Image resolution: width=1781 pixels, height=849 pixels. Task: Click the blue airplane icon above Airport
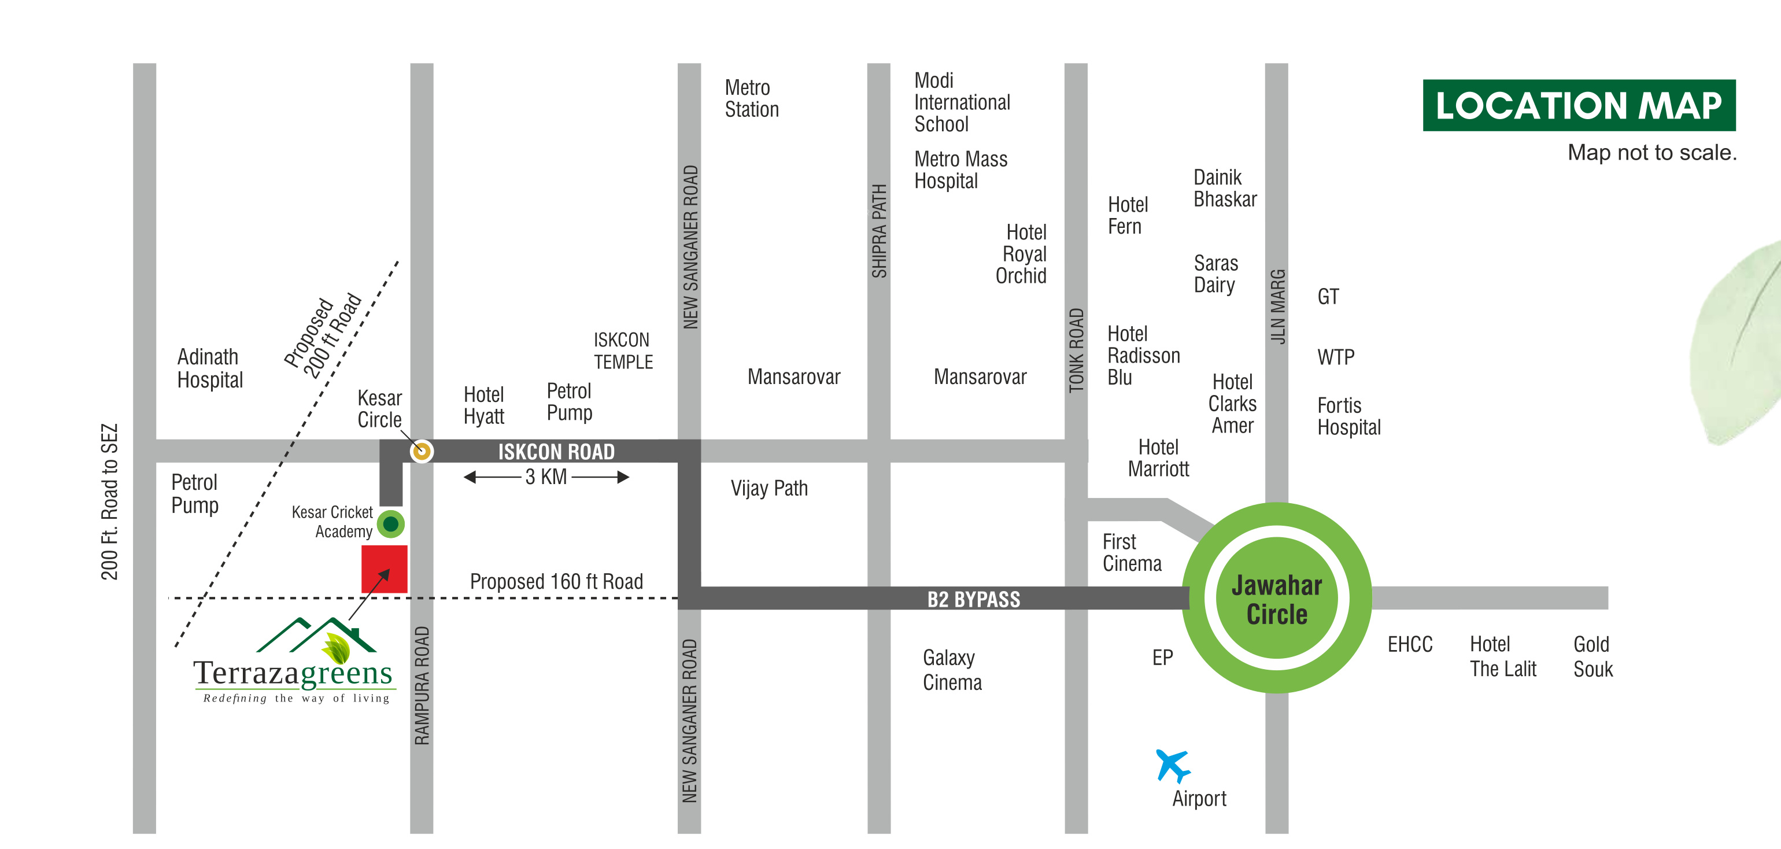point(1172,765)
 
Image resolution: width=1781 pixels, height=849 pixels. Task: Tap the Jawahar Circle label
point(1276,599)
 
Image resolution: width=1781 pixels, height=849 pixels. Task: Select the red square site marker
point(384,569)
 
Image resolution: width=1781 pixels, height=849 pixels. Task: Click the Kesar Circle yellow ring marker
point(421,452)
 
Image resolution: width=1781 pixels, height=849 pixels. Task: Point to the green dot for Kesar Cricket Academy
point(391,523)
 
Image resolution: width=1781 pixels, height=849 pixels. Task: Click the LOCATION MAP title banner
point(1579,106)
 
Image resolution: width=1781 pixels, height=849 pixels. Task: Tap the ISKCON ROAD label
point(556,452)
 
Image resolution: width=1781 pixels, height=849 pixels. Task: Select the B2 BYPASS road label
point(973,599)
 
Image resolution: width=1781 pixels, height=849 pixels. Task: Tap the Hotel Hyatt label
point(483,405)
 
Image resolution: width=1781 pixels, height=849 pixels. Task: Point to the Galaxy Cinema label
point(951,669)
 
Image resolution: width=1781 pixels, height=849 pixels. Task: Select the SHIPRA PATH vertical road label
point(879,231)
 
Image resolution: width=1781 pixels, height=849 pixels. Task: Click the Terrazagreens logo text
point(293,673)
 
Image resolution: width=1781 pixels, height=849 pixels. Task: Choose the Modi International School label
point(961,102)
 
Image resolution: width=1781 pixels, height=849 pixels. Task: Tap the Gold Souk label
point(1592,656)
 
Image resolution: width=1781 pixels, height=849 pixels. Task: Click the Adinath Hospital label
point(209,368)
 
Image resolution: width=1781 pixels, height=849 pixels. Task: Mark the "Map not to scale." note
point(1651,152)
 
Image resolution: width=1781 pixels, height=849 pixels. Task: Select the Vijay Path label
point(769,488)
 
